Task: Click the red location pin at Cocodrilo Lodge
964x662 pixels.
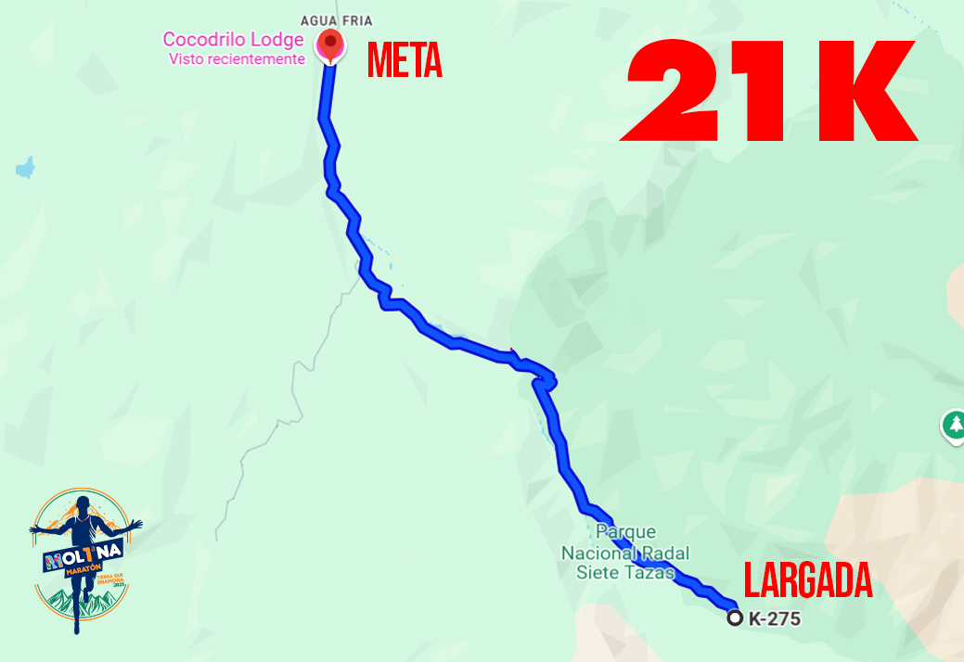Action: [x=329, y=44]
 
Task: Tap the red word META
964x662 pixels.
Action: [x=405, y=61]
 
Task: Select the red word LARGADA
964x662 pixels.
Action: [x=808, y=583]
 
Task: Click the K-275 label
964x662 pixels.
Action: [x=774, y=619]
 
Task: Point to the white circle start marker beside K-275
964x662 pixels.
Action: [x=735, y=618]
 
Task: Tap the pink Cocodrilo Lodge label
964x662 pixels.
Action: [x=233, y=40]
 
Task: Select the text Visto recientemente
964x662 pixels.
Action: [x=237, y=59]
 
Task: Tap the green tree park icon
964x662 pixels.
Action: [x=954, y=426]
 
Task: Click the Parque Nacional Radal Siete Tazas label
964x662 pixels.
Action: [x=625, y=552]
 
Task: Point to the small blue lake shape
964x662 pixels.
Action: [x=25, y=169]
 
